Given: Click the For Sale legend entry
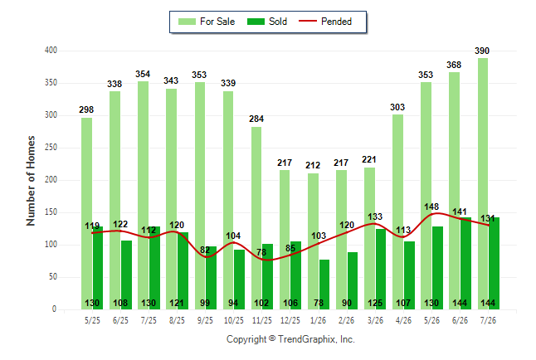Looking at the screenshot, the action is coord(207,22).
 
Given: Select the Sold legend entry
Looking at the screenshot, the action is coord(267,22).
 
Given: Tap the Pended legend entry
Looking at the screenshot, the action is coord(325,22).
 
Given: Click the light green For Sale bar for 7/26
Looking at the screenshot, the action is coord(483,183).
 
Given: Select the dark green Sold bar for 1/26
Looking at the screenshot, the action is coord(324,285).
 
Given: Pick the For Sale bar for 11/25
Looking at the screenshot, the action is coord(256,218).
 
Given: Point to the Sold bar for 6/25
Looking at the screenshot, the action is coord(126,275).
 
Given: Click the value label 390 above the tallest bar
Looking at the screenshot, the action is coord(482,51).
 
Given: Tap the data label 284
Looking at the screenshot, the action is coord(256,119).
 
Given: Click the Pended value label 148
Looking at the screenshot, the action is coord(431,207).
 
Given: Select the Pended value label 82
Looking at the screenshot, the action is coord(205,250).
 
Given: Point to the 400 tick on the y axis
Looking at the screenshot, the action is coord(51,51).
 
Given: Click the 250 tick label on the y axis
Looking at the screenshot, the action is coord(51,148).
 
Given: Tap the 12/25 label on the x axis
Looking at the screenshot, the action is coord(290,320).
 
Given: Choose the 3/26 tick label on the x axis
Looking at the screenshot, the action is coord(375,320).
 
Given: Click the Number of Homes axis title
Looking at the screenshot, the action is coord(31,181).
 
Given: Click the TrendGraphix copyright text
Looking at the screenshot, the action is coord(290,339).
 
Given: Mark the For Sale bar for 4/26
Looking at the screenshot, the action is coord(398,212).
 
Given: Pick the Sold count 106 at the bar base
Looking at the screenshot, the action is coord(290,303).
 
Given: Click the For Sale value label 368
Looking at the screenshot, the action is coord(454,65).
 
